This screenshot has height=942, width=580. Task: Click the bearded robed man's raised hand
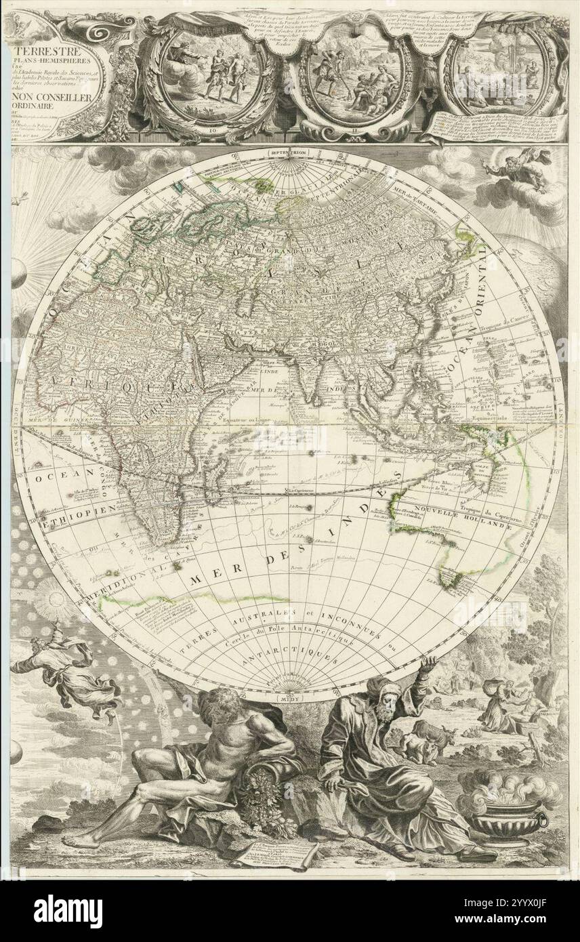[427, 663]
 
